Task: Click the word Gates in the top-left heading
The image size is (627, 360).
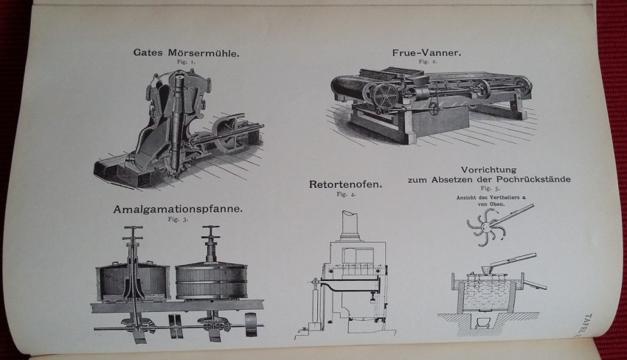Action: (x=150, y=53)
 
